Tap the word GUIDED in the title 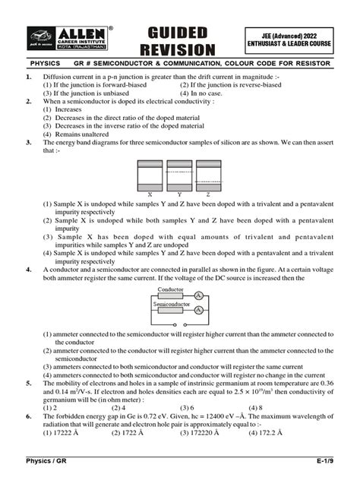pos(177,32)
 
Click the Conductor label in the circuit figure pos(169,289)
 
